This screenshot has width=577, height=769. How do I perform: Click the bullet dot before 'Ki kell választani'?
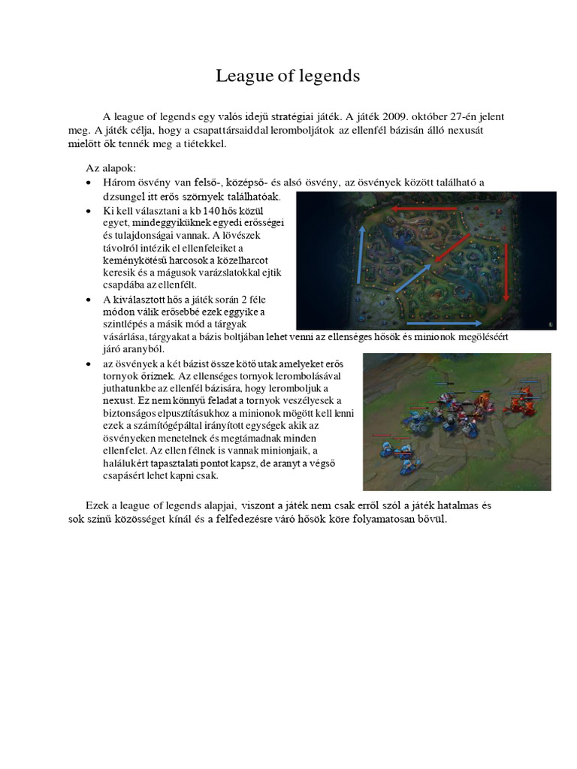(89, 211)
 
